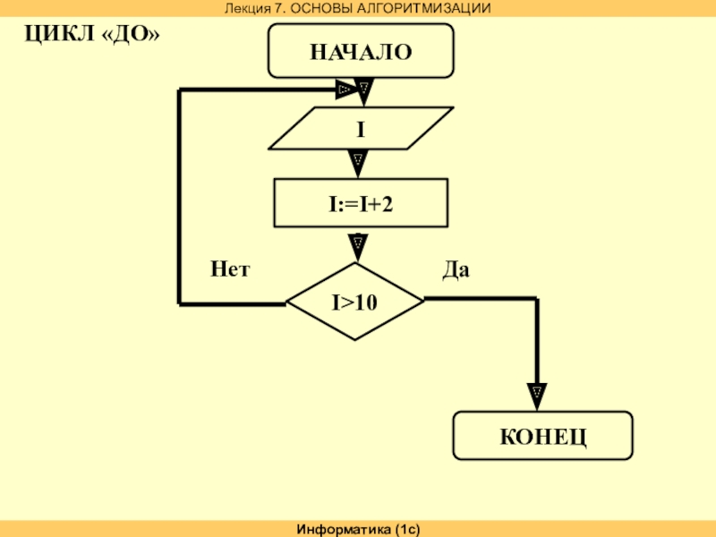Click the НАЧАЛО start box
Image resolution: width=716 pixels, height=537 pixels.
tap(361, 52)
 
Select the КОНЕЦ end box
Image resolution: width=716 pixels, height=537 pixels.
tap(542, 437)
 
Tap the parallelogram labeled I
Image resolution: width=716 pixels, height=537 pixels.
tap(361, 130)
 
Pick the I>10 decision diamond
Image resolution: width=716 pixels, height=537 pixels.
tap(355, 302)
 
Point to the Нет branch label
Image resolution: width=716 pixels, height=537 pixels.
tap(230, 268)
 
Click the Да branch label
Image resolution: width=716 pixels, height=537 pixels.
tap(456, 268)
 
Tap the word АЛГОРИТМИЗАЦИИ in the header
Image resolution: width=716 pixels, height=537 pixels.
tap(429, 8)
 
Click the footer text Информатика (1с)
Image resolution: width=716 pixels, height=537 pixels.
tap(358, 530)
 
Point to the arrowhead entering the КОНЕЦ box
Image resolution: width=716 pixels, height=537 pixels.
tap(535, 392)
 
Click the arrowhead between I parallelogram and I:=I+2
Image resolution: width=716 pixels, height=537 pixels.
tap(357, 161)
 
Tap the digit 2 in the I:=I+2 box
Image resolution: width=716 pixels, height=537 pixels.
tap(388, 205)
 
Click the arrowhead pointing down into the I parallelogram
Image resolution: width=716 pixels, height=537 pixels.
tap(363, 89)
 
